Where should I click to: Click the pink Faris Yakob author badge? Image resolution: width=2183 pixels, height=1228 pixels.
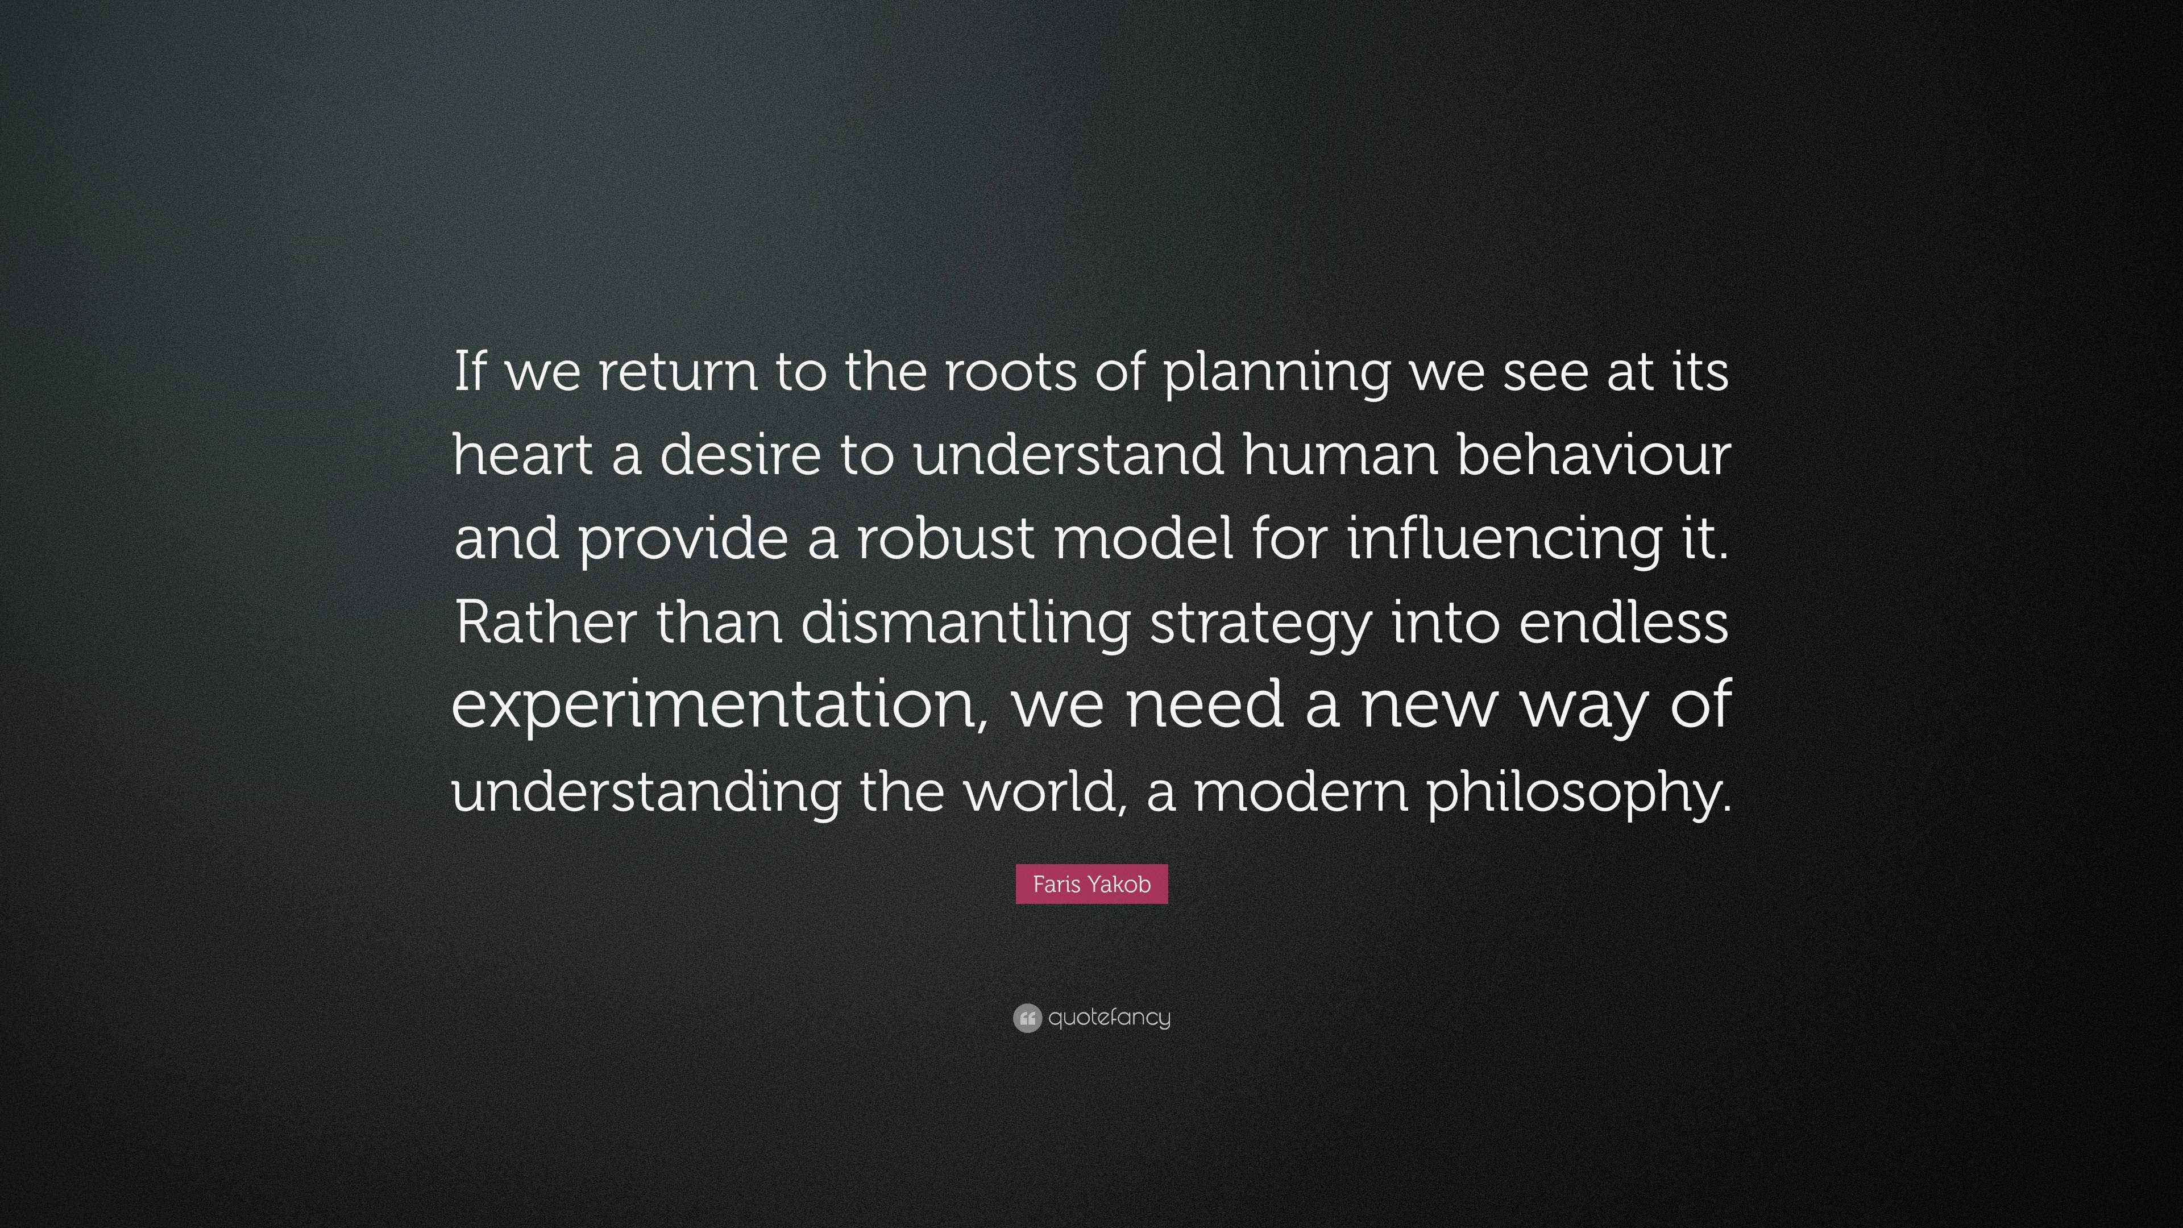tap(1091, 884)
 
